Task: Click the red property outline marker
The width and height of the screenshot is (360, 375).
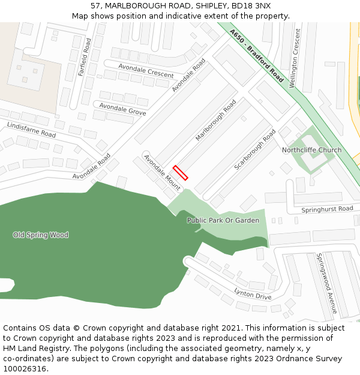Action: pyautogui.click(x=181, y=173)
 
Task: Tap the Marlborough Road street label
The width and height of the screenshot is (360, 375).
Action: pyautogui.click(x=216, y=120)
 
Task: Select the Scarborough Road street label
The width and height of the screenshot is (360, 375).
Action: pyautogui.click(x=255, y=149)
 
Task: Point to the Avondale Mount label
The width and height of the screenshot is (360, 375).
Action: pyautogui.click(x=162, y=172)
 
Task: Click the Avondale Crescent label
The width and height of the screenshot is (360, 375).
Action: pyautogui.click(x=146, y=71)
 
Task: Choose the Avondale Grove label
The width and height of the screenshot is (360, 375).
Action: pyautogui.click(x=122, y=109)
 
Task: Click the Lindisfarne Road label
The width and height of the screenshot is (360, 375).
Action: pyautogui.click(x=31, y=130)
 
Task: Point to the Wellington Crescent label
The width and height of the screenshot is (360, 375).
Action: pyautogui.click(x=295, y=65)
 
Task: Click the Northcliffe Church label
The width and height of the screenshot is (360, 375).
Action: pyautogui.click(x=311, y=150)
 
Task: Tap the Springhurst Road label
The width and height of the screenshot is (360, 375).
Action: pyautogui.click(x=327, y=209)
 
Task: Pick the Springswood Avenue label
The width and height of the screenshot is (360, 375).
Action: pyautogui.click(x=327, y=283)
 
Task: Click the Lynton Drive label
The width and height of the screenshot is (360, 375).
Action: pyautogui.click(x=253, y=294)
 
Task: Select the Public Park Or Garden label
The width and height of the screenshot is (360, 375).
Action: pyautogui.click(x=223, y=220)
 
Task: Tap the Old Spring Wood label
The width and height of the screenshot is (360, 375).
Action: pyautogui.click(x=41, y=235)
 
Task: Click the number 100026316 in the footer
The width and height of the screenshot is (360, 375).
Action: pyautogui.click(x=25, y=369)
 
